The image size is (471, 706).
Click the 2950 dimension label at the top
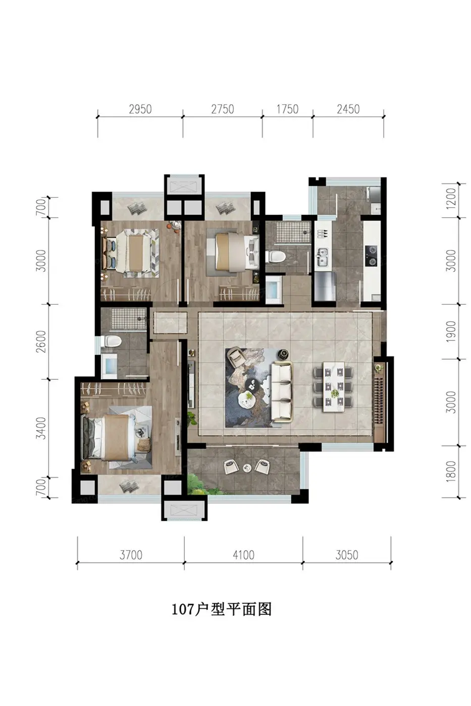(140, 109)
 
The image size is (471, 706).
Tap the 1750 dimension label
(287, 109)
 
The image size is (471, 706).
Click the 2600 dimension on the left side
(41, 341)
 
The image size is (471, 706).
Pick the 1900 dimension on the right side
(451, 331)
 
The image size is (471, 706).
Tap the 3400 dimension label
(41, 428)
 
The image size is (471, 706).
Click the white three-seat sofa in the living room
(282, 392)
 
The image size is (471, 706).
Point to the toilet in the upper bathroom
(275, 257)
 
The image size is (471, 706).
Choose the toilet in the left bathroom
(112, 341)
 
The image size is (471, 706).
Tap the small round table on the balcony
(247, 468)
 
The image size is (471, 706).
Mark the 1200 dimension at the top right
(451, 198)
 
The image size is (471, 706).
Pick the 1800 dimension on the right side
(451, 471)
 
